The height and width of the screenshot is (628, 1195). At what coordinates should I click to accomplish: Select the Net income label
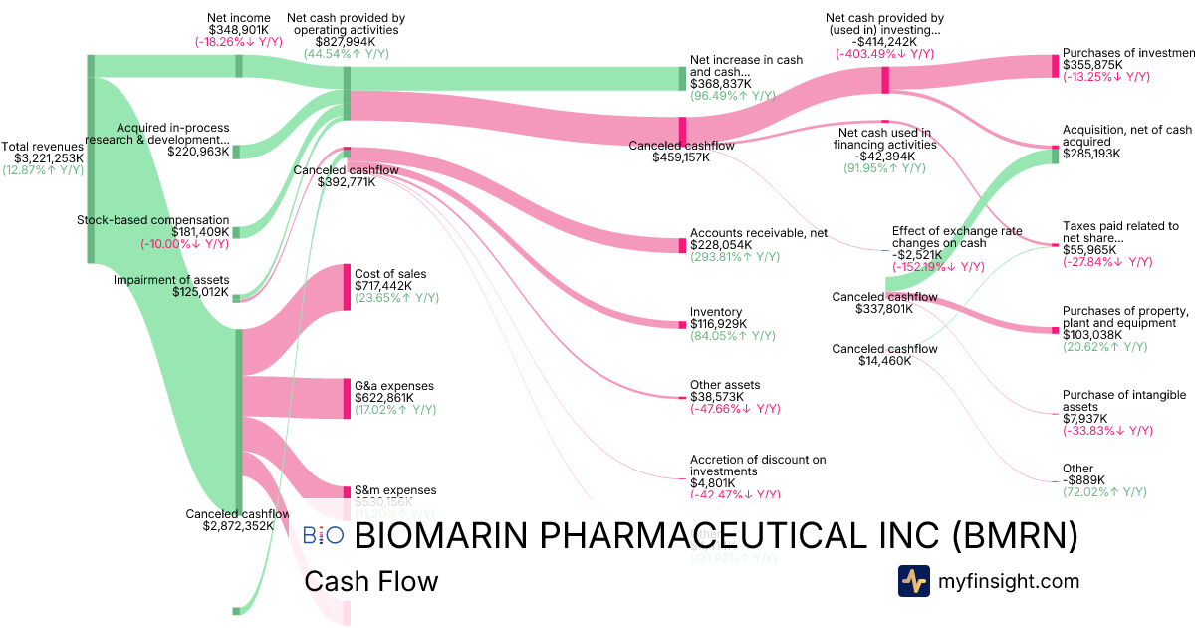coord(238,17)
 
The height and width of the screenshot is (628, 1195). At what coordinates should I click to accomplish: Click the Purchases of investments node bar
coord(1056,66)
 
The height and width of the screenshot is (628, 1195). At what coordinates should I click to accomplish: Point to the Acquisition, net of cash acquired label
coord(1126,136)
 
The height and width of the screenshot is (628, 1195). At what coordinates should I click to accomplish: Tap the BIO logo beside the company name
coord(323,535)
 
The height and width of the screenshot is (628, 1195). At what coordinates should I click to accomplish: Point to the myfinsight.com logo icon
coord(913,581)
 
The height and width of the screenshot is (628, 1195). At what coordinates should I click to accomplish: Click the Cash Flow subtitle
coord(371,581)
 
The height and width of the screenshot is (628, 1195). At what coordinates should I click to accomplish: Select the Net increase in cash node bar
coord(683,78)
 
